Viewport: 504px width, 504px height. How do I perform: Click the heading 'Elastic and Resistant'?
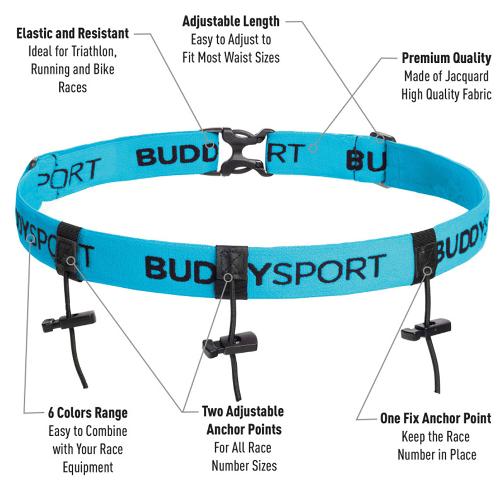click(x=73, y=34)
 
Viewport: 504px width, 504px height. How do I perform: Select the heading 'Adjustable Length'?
click(x=231, y=21)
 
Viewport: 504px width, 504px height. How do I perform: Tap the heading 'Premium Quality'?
click(x=446, y=58)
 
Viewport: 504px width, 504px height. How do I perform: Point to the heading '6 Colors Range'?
click(x=88, y=413)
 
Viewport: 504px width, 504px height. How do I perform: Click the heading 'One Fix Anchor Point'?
click(x=436, y=418)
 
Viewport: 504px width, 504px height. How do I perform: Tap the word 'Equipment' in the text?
click(x=88, y=468)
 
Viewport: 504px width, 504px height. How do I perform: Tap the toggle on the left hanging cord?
click(x=69, y=321)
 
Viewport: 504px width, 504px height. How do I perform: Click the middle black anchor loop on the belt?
click(x=231, y=272)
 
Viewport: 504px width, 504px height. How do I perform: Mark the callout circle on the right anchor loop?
click(x=427, y=271)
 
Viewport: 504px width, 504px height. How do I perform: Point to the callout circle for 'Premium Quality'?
click(x=313, y=148)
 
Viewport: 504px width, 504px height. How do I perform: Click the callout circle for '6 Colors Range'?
click(x=31, y=239)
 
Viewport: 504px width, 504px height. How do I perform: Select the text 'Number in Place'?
click(x=437, y=455)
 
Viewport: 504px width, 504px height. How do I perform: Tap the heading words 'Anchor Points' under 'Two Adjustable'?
click(x=244, y=430)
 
